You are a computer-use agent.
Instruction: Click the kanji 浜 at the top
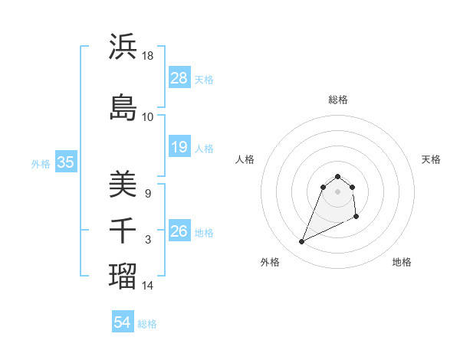(123, 47)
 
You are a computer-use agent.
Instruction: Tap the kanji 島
(123, 107)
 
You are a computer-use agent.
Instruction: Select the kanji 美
(123, 184)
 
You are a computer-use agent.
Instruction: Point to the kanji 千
(123, 231)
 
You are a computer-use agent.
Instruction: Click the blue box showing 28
(179, 78)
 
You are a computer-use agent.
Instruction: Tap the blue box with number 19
(179, 147)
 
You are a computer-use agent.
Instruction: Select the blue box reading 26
(179, 231)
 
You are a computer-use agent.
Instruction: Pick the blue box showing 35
(65, 162)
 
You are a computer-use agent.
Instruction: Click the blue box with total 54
(123, 323)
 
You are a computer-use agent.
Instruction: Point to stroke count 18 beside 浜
(148, 56)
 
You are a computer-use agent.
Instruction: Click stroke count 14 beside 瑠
(148, 286)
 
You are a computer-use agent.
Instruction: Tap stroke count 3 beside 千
(148, 240)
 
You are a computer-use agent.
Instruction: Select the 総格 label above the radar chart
(337, 100)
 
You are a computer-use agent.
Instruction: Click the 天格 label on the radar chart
(431, 159)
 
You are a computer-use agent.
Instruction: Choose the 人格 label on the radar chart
(245, 159)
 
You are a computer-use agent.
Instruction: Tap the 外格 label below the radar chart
(270, 262)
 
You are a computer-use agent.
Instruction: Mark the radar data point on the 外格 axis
(302, 242)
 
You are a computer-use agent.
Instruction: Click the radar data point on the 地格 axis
(357, 218)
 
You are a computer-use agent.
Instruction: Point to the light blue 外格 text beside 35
(41, 163)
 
